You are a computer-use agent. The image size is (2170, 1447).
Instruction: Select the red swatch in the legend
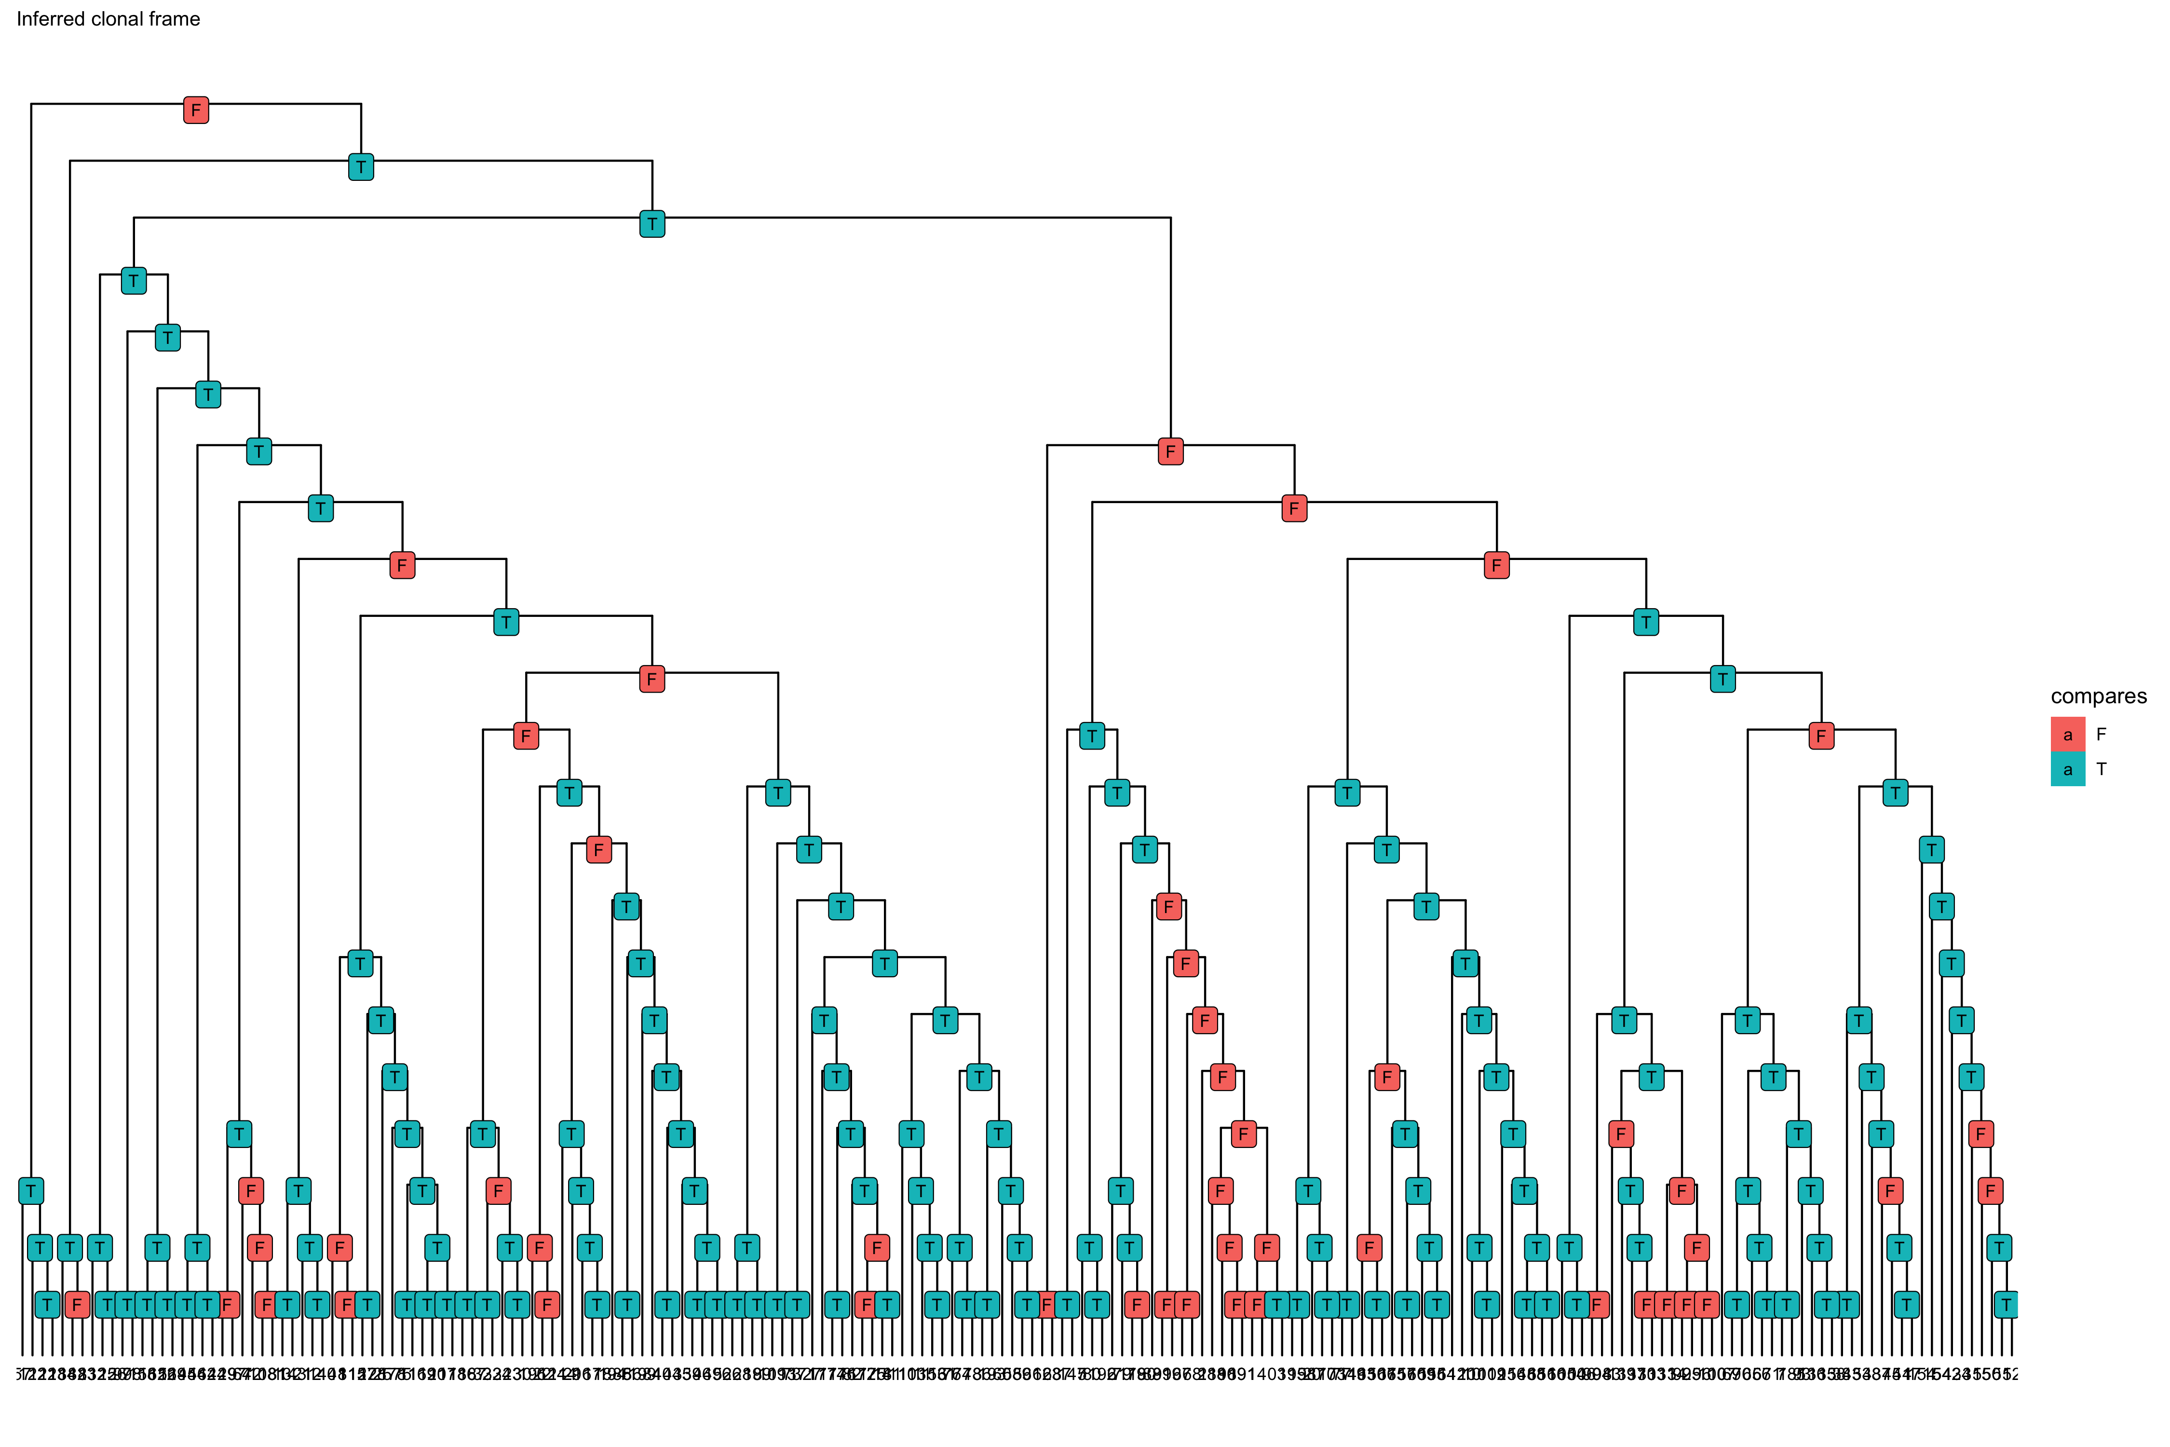pyautogui.click(x=2068, y=735)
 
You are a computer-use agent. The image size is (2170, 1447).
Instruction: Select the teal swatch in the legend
pyautogui.click(x=2068, y=769)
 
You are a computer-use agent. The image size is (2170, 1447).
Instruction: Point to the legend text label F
pyautogui.click(x=2102, y=735)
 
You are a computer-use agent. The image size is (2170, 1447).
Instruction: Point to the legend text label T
pyautogui.click(x=2102, y=769)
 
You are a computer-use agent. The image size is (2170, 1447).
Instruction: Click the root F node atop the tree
pyautogui.click(x=196, y=110)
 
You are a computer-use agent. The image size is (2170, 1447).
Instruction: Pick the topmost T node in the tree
pyautogui.click(x=361, y=167)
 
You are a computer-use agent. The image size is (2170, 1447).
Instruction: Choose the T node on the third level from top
pyautogui.click(x=652, y=223)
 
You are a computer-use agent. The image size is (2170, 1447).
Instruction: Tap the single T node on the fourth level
pyautogui.click(x=134, y=281)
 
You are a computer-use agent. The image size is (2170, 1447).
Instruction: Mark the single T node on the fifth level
pyautogui.click(x=167, y=338)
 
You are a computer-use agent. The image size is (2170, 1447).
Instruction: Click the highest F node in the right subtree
pyautogui.click(x=1171, y=451)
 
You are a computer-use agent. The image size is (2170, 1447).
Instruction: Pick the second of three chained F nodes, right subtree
pyautogui.click(x=1294, y=508)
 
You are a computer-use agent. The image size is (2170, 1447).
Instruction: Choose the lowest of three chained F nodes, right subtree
pyautogui.click(x=1496, y=565)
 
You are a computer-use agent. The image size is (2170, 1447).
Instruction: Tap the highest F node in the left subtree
pyautogui.click(x=402, y=565)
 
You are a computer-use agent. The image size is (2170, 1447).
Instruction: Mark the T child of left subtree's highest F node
pyautogui.click(x=505, y=622)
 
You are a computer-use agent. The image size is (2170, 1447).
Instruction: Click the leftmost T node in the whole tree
pyautogui.click(x=31, y=1190)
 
